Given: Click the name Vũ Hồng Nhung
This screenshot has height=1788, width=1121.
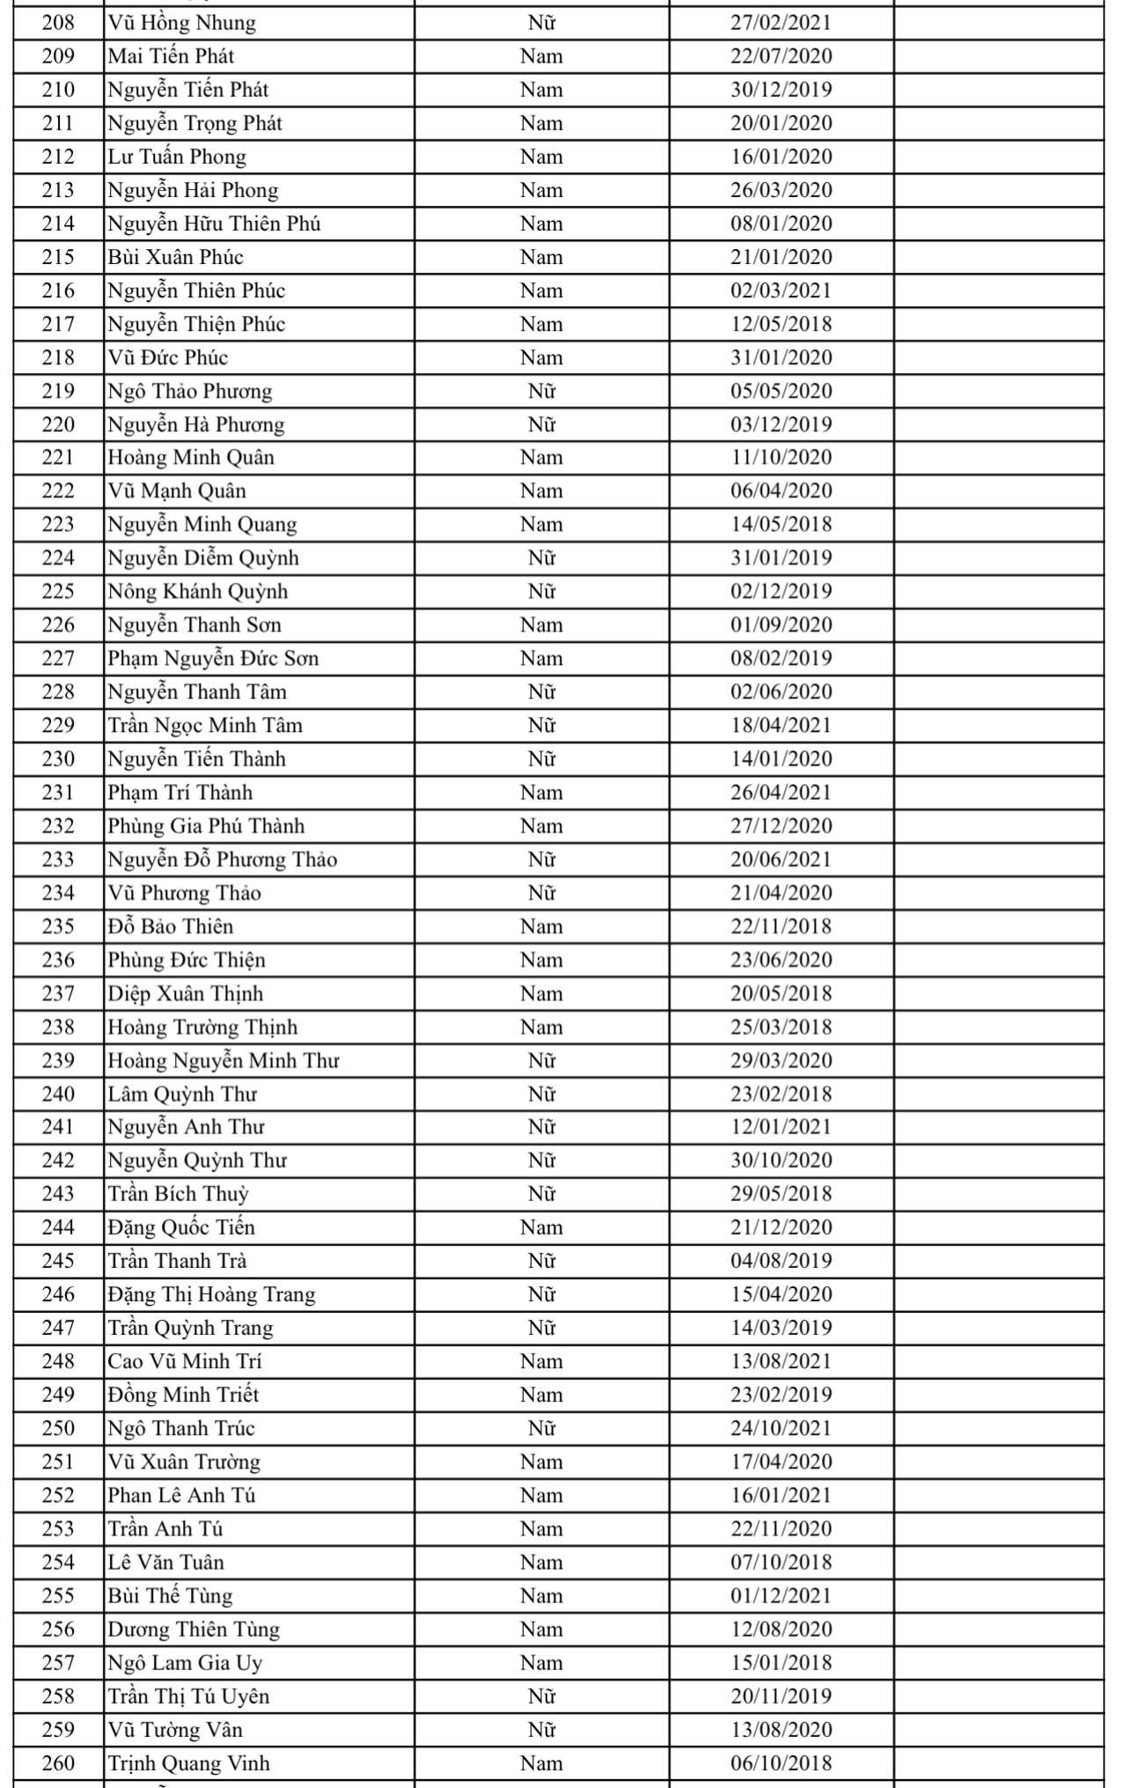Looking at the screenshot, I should [182, 23].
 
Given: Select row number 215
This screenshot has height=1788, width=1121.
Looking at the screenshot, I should [58, 257].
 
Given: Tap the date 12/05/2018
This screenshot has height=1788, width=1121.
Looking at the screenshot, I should [780, 324].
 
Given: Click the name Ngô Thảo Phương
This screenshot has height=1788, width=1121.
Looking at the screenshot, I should [190, 391].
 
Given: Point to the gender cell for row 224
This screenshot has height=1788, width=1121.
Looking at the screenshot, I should [541, 558].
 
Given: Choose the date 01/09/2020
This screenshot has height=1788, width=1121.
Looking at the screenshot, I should [780, 625].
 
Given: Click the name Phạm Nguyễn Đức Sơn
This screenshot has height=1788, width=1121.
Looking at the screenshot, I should [213, 658].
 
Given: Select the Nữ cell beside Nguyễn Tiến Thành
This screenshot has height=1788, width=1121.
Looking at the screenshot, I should [541, 758].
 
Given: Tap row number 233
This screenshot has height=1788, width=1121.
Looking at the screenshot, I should [58, 859].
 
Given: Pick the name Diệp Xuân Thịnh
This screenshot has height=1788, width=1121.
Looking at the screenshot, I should [186, 993].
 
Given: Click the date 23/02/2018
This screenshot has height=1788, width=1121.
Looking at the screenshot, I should [780, 1094].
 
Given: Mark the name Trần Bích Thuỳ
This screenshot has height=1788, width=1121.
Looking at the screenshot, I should [179, 1194].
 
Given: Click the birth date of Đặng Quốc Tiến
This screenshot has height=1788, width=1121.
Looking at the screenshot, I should [780, 1227].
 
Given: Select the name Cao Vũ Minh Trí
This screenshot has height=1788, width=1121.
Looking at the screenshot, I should [185, 1361].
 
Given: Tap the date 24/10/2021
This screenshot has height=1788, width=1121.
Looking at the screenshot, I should [780, 1428].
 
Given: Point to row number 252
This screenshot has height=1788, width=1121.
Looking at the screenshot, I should [58, 1495].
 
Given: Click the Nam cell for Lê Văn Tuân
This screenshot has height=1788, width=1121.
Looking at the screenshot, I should [541, 1562].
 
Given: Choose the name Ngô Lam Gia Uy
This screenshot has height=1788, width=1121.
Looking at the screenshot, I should [185, 1662].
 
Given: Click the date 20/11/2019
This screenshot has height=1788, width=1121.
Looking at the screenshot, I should [780, 1696].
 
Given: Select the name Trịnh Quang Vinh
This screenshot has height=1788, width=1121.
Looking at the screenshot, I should [189, 1762].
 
